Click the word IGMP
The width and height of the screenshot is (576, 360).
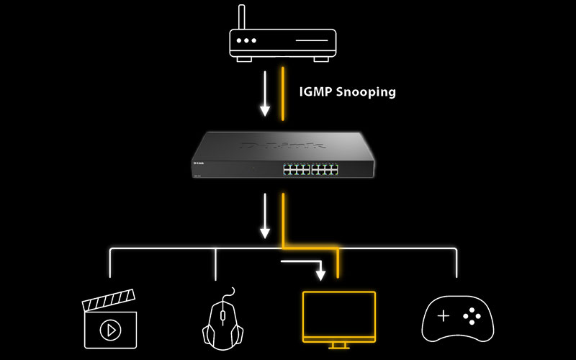tap(314, 92)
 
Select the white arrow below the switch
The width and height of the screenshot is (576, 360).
tap(265, 216)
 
